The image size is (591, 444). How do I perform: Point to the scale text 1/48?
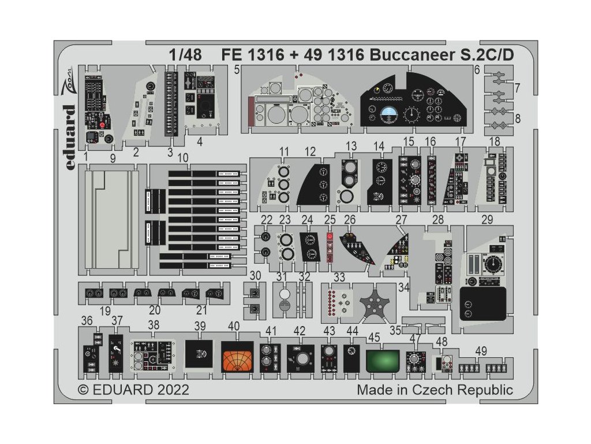pyautogui.click(x=186, y=55)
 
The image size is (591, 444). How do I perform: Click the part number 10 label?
pyautogui.click(x=183, y=157)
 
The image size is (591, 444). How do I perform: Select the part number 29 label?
pyautogui.click(x=488, y=220)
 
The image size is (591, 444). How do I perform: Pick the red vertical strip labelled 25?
pyautogui.click(x=330, y=247)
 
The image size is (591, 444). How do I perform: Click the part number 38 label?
pyautogui.click(x=154, y=325)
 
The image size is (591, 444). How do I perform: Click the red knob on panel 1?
pyautogui.click(x=102, y=124)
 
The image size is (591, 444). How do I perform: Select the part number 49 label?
pyautogui.click(x=481, y=350)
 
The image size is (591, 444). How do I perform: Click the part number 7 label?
pyautogui.click(x=517, y=88)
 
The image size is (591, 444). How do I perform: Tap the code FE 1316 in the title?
pyautogui.click(x=252, y=55)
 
